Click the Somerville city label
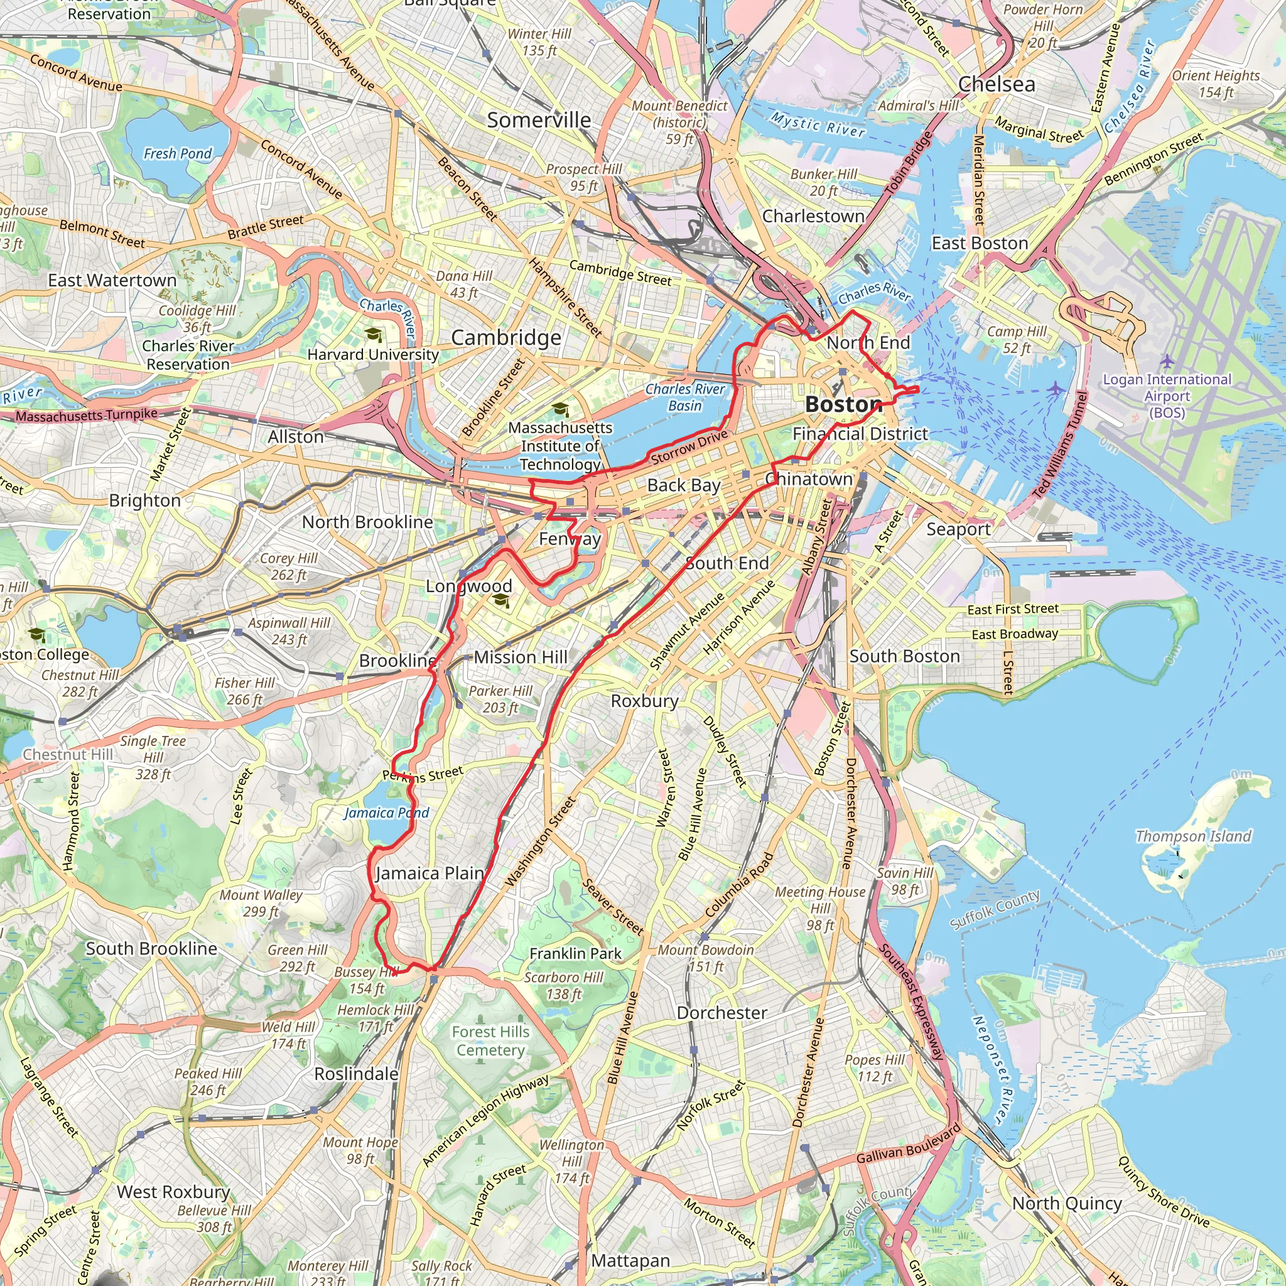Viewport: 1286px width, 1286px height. (x=539, y=121)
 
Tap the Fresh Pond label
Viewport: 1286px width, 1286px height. (x=178, y=154)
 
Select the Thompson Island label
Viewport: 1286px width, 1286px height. (x=1193, y=836)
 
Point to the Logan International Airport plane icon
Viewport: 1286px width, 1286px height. (x=1167, y=361)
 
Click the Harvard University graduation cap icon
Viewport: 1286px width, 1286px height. (x=374, y=334)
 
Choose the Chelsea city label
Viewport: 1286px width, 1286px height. (x=997, y=85)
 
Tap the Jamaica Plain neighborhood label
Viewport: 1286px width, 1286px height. (x=430, y=873)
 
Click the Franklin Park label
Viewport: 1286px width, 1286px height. (x=575, y=954)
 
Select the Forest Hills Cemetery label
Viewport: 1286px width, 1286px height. (x=490, y=1041)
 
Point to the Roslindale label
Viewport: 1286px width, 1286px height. (x=356, y=1074)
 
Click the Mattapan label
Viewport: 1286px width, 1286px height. (x=630, y=1261)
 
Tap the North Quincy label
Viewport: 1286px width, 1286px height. (x=1067, y=1204)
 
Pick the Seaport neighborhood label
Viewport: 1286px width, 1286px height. (x=958, y=529)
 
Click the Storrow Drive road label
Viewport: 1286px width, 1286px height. (x=689, y=447)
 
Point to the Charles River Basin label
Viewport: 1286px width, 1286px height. (x=685, y=397)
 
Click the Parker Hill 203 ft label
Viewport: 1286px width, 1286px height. (x=500, y=699)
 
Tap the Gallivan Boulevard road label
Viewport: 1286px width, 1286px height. (x=909, y=1144)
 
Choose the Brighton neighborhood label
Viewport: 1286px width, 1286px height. (x=144, y=500)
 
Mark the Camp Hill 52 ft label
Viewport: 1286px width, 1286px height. (x=1017, y=340)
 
